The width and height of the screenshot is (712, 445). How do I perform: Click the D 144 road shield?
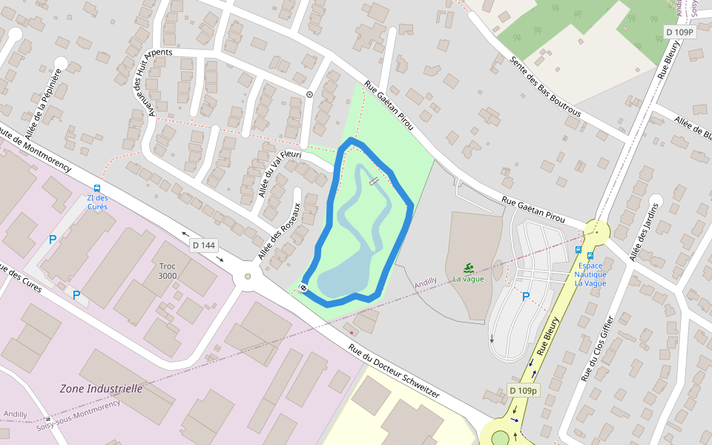pyautogui.click(x=203, y=245)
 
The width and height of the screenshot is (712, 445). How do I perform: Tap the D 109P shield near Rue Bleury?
pyautogui.click(x=679, y=32)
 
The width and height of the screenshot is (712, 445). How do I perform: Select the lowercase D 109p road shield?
pyautogui.click(x=524, y=390)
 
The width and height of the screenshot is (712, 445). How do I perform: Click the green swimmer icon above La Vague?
pyautogui.click(x=469, y=268)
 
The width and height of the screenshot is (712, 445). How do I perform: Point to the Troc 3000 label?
pyautogui.click(x=168, y=271)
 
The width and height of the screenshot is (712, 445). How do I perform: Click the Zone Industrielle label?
pyautogui.click(x=101, y=388)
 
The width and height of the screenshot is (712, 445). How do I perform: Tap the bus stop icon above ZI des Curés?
pyautogui.click(x=97, y=188)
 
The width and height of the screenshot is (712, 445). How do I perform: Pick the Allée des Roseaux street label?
pyautogui.click(x=279, y=231)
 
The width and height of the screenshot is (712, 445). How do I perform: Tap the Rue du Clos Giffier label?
pyautogui.click(x=598, y=349)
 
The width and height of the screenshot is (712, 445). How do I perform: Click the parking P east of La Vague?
pyautogui.click(x=526, y=297)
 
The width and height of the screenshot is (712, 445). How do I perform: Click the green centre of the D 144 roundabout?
pyautogui.click(x=248, y=277)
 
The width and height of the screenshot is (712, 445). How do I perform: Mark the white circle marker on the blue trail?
pyautogui.click(x=303, y=287)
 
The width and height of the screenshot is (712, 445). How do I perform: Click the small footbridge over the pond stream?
pyautogui.click(x=373, y=181)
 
